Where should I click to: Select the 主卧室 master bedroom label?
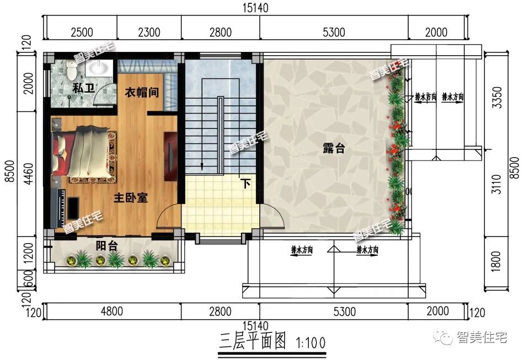[131, 197]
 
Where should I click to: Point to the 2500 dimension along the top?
[82, 32]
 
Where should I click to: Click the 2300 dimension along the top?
[149, 32]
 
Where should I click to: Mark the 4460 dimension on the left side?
[28, 174]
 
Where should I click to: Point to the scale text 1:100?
[311, 343]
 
